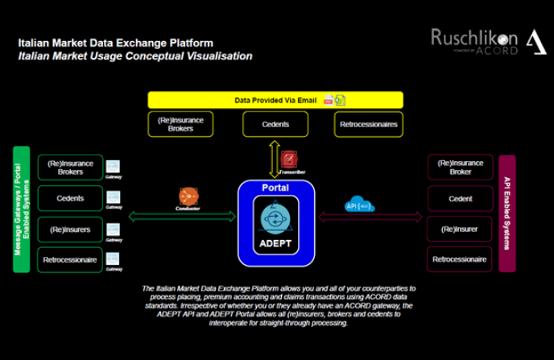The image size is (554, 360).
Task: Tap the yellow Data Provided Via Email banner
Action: point(275,101)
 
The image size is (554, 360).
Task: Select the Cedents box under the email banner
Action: point(275,125)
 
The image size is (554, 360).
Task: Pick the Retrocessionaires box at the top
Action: point(367,125)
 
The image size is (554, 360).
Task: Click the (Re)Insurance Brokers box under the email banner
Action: point(181,125)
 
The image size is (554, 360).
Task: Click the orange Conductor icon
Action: point(188,196)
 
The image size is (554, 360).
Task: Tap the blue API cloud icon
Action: point(358,204)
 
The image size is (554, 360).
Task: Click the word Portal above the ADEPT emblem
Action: point(275,188)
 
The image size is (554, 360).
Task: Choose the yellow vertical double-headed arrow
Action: point(274,158)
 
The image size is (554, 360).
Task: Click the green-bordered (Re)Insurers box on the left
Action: point(70,230)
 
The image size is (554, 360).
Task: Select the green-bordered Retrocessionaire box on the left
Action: point(70,260)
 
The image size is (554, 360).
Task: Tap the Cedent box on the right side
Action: point(460,199)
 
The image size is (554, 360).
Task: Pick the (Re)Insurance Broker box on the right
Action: point(460,168)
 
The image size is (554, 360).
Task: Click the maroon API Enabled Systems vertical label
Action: point(507,213)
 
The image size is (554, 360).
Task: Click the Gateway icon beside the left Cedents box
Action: point(114,197)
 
